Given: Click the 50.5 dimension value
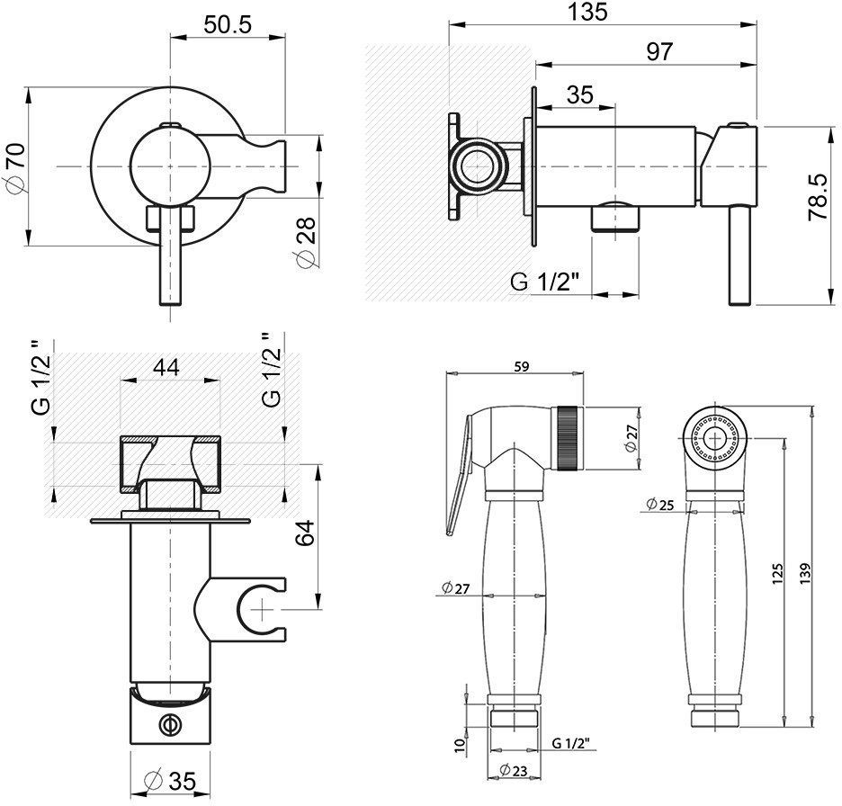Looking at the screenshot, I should pyautogui.click(x=226, y=24).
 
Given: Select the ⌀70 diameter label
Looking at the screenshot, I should pyautogui.click(x=14, y=166).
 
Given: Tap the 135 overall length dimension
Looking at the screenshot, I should pyautogui.click(x=588, y=13).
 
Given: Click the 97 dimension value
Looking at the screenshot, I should pyautogui.click(x=658, y=52).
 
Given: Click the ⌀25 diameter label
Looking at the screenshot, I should pyautogui.click(x=661, y=506).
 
